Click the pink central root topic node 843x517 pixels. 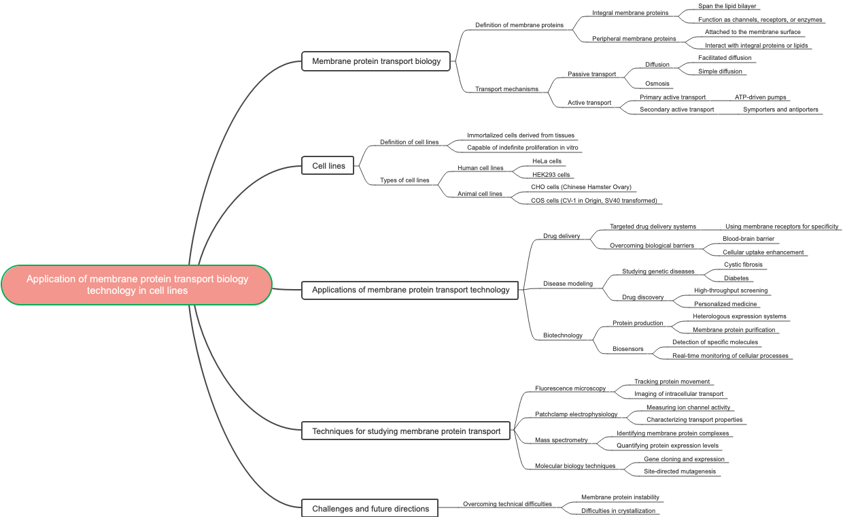pyautogui.click(x=137, y=285)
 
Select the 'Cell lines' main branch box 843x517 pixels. pyautogui.click(x=328, y=166)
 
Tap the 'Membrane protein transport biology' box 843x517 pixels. pyautogui.click(x=376, y=61)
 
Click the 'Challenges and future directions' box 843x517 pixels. pyautogui.click(x=371, y=508)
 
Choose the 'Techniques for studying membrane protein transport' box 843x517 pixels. pyautogui.click(x=406, y=431)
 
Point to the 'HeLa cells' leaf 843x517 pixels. pyautogui.click(x=547, y=161)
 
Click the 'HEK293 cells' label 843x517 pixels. pyautogui.click(x=551, y=175)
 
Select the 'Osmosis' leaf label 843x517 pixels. pyautogui.click(x=657, y=84)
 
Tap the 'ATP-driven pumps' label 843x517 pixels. pyautogui.click(x=760, y=97)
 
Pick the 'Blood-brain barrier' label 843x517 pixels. pyautogui.click(x=748, y=239)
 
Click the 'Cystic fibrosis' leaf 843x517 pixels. pyautogui.click(x=743, y=265)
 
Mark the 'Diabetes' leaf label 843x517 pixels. pyautogui.click(x=736, y=278)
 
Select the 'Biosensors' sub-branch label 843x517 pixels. pyautogui.click(x=627, y=349)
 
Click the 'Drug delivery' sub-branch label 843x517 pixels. pyautogui.click(x=562, y=236)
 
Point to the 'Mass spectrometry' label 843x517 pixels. pyautogui.click(x=561, y=440)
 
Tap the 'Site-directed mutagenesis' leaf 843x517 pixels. pyautogui.click(x=679, y=471)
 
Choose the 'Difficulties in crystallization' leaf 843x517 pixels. pyautogui.click(x=618, y=511)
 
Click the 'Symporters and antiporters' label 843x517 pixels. pyautogui.click(x=780, y=110)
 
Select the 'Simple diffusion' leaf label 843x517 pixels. pyautogui.click(x=720, y=71)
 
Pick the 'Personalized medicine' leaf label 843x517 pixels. pyautogui.click(x=725, y=304)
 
